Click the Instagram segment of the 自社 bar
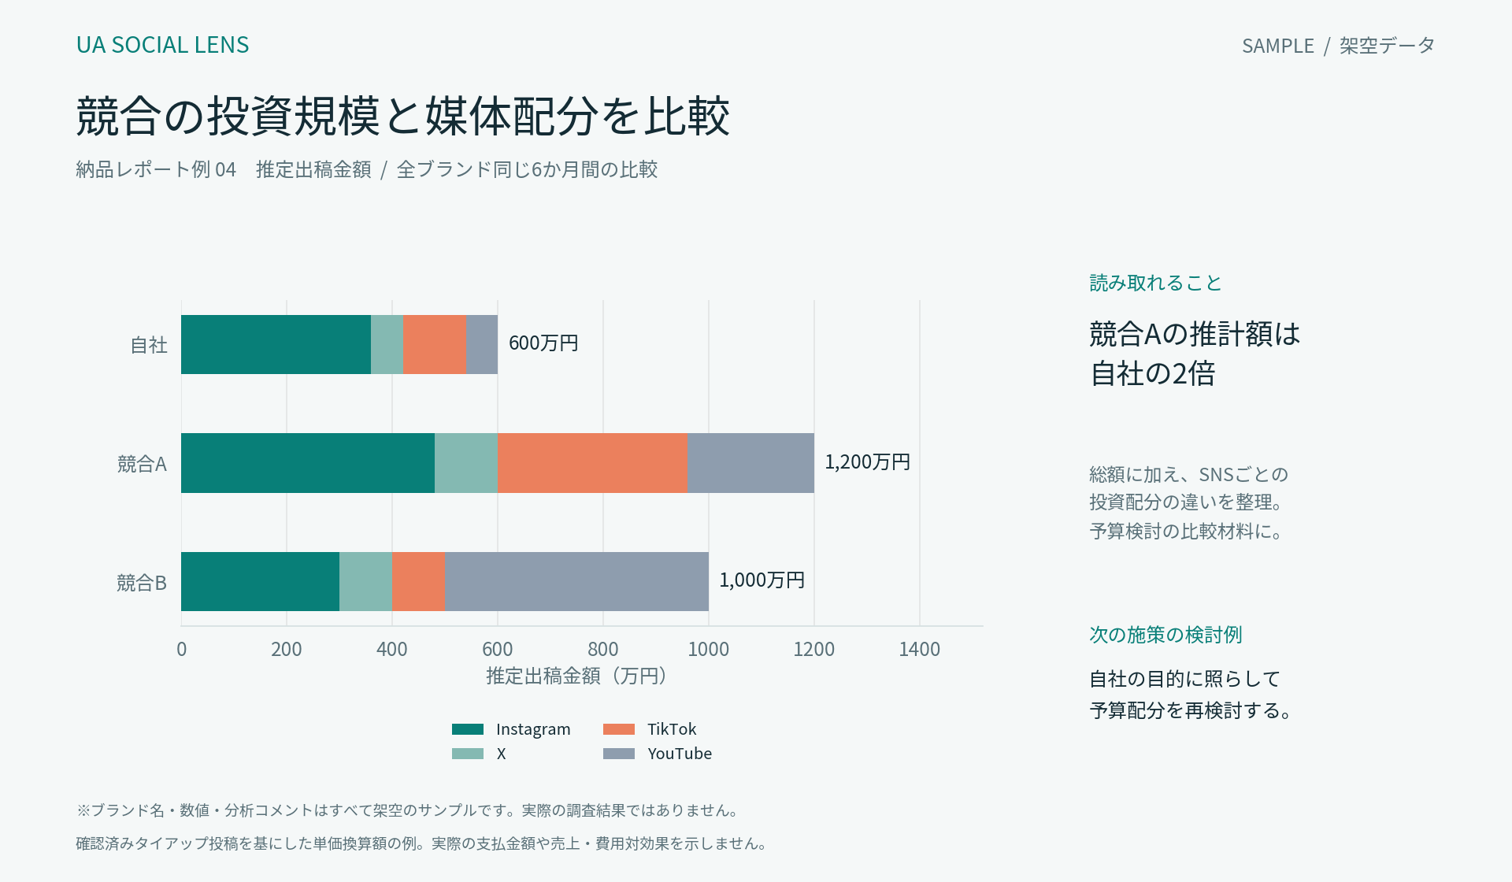276,344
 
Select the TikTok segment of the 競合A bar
592,463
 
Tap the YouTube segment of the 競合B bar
576,581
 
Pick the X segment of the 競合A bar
466,463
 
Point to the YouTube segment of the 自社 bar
482,344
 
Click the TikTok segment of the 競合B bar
418,581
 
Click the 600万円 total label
543,343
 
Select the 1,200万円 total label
867,462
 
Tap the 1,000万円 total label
762,580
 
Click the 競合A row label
142,464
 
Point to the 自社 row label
149,345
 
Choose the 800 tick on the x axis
603,649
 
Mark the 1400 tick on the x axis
920,649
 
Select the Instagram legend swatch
468,729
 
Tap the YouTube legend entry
658,754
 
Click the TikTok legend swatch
619,729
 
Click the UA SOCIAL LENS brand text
162,45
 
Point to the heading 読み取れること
1155,283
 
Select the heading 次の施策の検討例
1165,635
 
